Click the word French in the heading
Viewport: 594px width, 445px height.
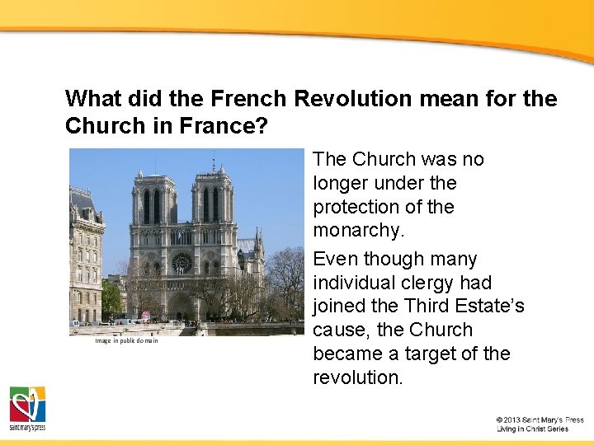[248, 99]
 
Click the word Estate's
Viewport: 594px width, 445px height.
[492, 307]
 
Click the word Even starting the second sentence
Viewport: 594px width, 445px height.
[336, 259]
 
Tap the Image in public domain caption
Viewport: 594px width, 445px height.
[126, 340]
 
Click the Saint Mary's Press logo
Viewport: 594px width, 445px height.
[27, 408]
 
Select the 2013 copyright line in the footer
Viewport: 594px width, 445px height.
[540, 419]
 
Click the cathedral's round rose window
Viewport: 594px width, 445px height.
[181, 264]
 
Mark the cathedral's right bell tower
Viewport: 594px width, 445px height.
[213, 202]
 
